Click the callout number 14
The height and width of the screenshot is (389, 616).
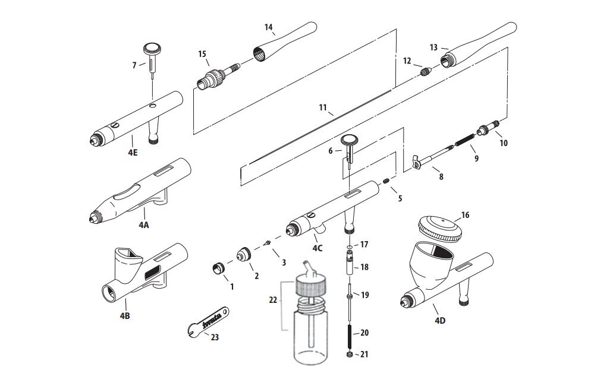pos(268,27)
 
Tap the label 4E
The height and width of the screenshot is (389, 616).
pos(132,152)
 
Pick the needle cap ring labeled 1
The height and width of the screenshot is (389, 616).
pos(219,268)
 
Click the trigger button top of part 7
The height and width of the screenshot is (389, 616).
pos(153,47)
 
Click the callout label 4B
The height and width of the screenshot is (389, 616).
pos(124,315)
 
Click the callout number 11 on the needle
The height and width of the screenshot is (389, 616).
pos(323,107)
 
